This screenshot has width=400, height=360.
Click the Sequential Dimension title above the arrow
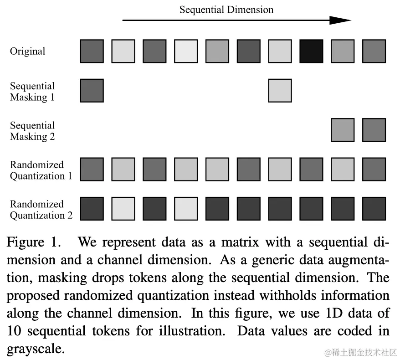point(226,10)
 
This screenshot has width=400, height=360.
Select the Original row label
point(27,51)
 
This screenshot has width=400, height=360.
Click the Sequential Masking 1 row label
point(32,91)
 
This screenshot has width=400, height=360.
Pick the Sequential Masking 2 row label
point(32,131)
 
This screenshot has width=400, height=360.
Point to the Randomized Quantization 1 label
point(41,170)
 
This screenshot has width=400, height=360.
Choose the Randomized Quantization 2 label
point(41,210)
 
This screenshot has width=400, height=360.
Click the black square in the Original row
point(311,51)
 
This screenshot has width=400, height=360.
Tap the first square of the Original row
point(92,51)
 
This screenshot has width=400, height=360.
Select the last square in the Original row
point(374,51)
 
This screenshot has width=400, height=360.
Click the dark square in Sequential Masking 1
point(92,90)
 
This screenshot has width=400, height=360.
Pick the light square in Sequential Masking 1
point(280,90)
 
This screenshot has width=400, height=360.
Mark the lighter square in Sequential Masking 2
point(343,130)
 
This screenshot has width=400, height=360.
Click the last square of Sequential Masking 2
point(374,130)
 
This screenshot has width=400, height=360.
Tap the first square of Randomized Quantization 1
point(92,169)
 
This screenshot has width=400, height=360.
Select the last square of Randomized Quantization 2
point(374,209)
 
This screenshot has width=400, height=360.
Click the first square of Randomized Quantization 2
point(92,209)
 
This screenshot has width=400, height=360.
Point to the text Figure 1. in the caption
point(33,242)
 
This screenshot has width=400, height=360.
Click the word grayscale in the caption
point(33,350)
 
